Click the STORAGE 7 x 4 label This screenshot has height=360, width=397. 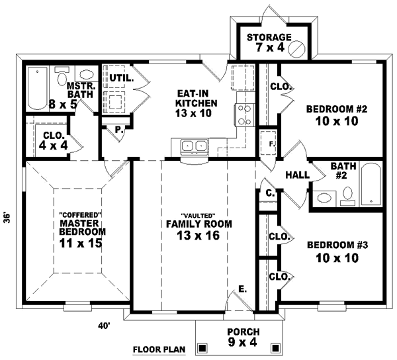(269, 42)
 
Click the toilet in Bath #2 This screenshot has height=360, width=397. (347, 195)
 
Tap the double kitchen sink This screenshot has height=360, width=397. (193, 145)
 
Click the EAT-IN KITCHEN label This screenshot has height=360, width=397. (195, 103)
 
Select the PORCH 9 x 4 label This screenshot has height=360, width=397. (242, 336)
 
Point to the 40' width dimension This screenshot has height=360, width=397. (103, 325)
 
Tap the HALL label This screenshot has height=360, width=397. (294, 175)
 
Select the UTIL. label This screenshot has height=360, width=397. (122, 78)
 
